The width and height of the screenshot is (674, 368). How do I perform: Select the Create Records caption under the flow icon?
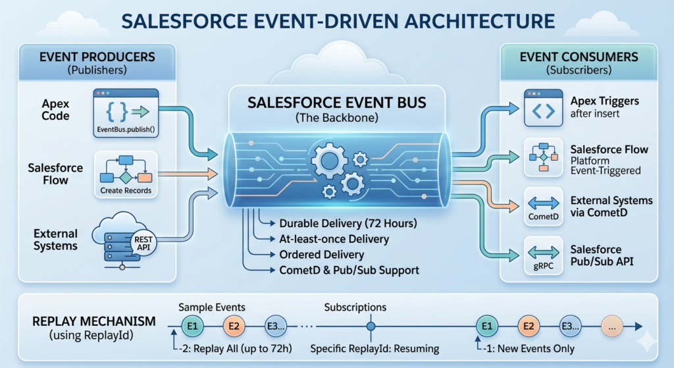click(x=126, y=190)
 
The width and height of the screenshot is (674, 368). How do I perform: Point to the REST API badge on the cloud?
click(x=142, y=244)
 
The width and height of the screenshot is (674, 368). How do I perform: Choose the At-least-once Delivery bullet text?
click(x=334, y=239)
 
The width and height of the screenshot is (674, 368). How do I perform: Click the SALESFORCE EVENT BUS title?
click(x=336, y=103)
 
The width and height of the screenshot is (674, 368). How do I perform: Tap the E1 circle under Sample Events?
click(x=193, y=325)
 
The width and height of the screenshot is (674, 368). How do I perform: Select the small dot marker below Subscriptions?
click(x=371, y=325)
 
